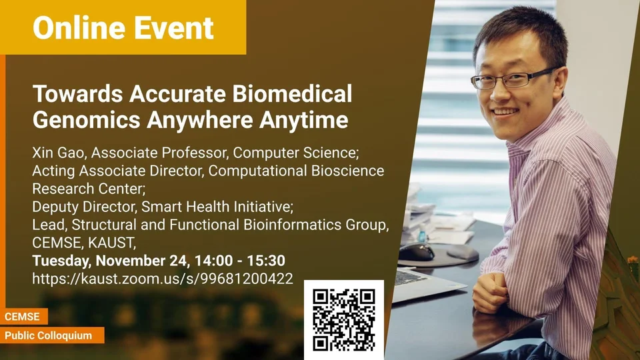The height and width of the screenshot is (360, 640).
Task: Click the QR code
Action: click(344, 320)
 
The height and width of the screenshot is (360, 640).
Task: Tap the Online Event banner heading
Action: click(123, 28)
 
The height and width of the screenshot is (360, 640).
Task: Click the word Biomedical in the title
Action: click(292, 93)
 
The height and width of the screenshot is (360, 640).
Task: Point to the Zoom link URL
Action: click(163, 279)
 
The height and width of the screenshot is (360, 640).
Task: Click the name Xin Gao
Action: click(59, 153)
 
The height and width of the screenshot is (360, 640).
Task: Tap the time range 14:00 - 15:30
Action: click(239, 261)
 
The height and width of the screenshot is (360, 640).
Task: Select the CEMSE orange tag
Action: click(23, 316)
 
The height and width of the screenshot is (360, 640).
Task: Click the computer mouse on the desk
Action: click(416, 252)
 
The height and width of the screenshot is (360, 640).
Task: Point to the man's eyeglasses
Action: click(512, 78)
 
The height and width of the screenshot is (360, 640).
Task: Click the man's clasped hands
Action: click(491, 291)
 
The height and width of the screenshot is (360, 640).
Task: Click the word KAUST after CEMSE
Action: click(111, 243)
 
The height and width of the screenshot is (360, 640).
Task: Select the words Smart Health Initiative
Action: click(217, 207)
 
